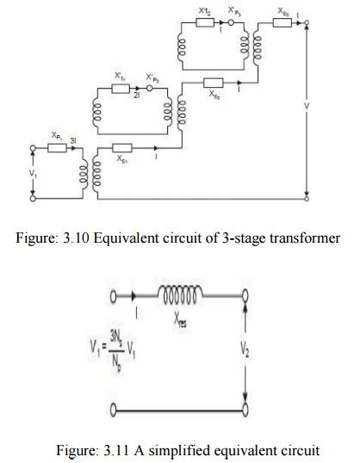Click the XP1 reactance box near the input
tap(58, 147)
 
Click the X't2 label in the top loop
tap(204, 10)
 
